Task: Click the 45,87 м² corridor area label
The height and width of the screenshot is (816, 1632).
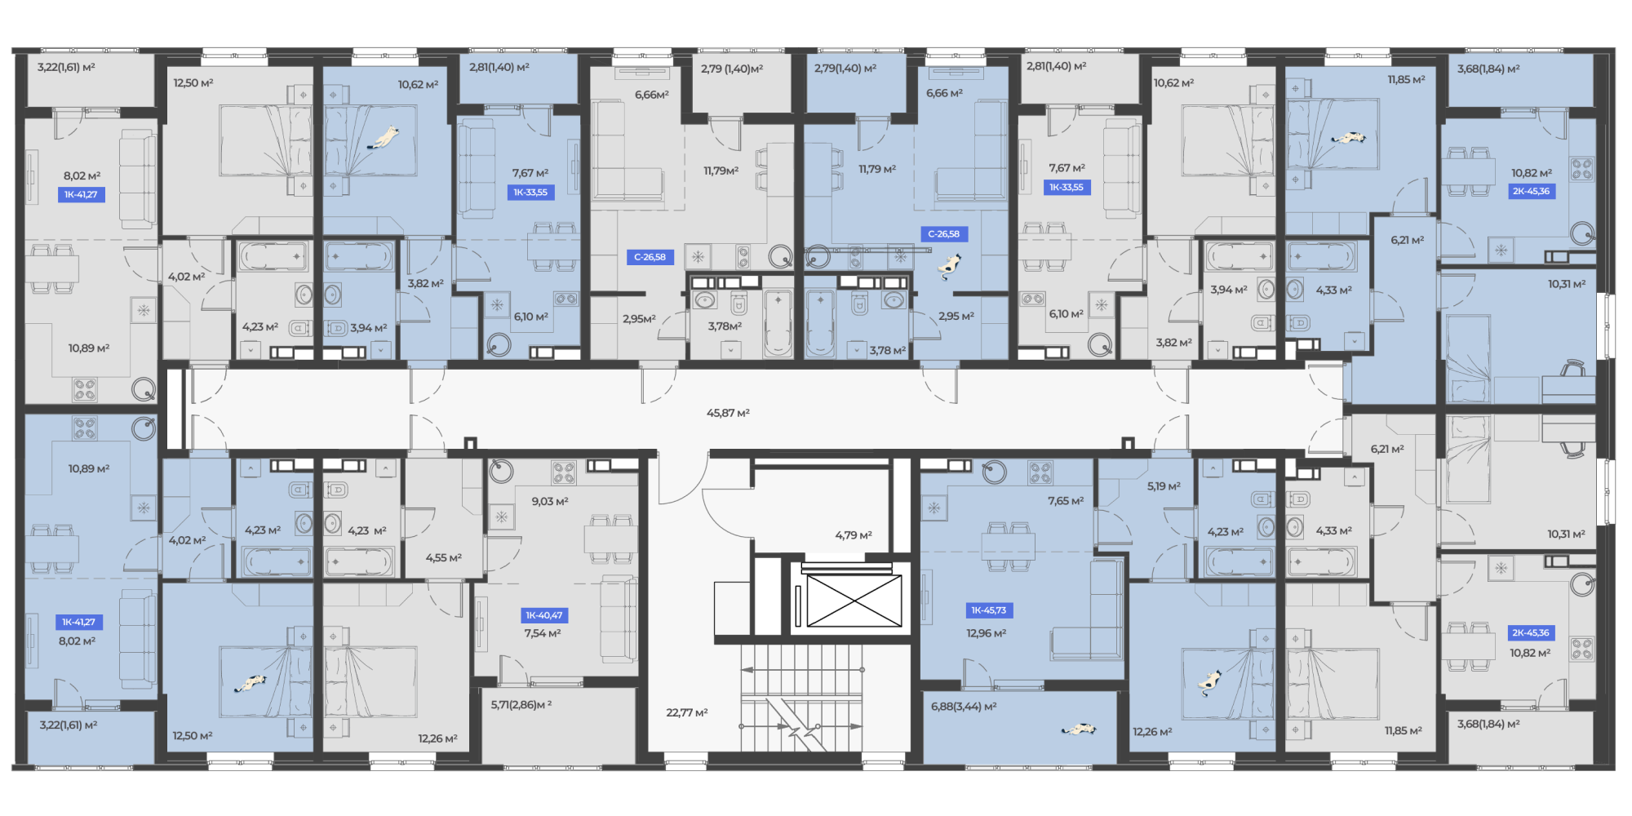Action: (x=728, y=413)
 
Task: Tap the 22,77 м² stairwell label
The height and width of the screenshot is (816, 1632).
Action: (x=687, y=712)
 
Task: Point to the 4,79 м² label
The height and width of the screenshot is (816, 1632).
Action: (x=854, y=535)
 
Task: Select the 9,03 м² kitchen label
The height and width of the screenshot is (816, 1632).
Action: (x=550, y=501)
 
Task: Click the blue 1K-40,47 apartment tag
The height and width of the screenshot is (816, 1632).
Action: (x=544, y=615)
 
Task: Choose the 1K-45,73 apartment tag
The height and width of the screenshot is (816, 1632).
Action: (x=989, y=610)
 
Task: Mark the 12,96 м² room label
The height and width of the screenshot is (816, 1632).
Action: (x=987, y=633)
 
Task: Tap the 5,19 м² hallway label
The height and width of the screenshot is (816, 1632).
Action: (x=1164, y=486)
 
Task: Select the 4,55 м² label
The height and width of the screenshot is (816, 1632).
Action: (x=444, y=558)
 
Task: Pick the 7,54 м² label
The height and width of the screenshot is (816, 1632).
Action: (x=543, y=633)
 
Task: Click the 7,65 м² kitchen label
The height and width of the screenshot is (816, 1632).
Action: (x=1066, y=501)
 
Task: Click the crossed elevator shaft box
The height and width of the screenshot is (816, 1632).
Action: (x=854, y=601)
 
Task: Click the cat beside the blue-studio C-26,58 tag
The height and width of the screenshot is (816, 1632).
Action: (x=949, y=265)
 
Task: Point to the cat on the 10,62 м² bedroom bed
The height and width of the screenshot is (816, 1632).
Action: (x=383, y=138)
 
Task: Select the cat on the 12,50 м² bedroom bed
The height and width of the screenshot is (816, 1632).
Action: (x=251, y=682)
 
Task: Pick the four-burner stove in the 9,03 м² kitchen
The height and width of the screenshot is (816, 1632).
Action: (x=563, y=473)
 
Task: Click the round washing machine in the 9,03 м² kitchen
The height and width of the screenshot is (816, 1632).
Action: (x=500, y=472)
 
